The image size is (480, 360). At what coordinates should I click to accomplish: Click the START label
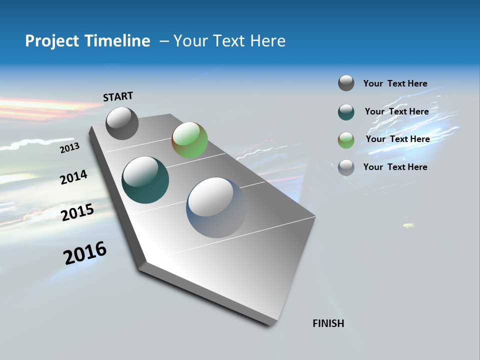[x=118, y=96]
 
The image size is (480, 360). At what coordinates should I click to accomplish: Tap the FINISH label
[x=328, y=323]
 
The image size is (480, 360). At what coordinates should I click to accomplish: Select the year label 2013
[x=69, y=148]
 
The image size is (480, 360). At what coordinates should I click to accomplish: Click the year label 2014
[x=73, y=177]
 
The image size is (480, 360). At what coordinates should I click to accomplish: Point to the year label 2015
[x=77, y=212]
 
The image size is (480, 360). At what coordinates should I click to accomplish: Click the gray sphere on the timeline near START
[x=122, y=123]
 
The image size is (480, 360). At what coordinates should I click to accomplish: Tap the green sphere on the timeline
[x=189, y=140]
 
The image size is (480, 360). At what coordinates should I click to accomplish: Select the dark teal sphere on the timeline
[x=145, y=180]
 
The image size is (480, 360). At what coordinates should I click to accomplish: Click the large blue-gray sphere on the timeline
[x=216, y=207]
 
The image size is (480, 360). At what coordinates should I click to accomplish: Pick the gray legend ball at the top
[x=346, y=83]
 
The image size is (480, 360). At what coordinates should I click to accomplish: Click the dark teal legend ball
[x=346, y=112]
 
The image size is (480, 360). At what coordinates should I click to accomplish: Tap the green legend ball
[x=346, y=140]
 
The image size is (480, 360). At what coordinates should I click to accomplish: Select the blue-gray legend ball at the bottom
[x=346, y=167]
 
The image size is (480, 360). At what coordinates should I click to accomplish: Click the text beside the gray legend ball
[x=395, y=84]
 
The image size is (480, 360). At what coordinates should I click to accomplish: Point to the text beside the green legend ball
[x=397, y=139]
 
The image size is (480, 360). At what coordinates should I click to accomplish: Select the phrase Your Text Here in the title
[x=229, y=41]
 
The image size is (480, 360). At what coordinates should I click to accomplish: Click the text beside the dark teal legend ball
[x=396, y=111]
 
